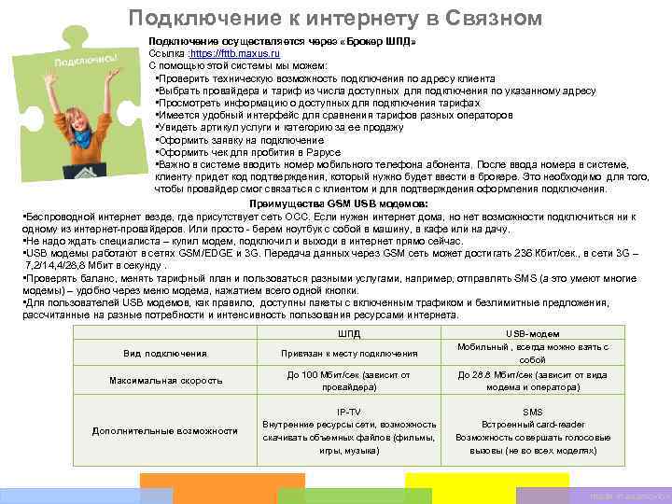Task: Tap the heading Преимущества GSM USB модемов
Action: pyautogui.click(x=339, y=203)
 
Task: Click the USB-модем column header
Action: pyautogui.click(x=532, y=333)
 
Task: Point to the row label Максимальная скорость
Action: pyautogui.click(x=165, y=381)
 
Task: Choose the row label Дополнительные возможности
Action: pyautogui.click(x=165, y=430)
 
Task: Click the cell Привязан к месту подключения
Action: pyautogui.click(x=349, y=354)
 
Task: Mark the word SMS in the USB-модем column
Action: pyautogui.click(x=532, y=411)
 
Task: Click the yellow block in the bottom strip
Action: pyautogui.click(x=467, y=486)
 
